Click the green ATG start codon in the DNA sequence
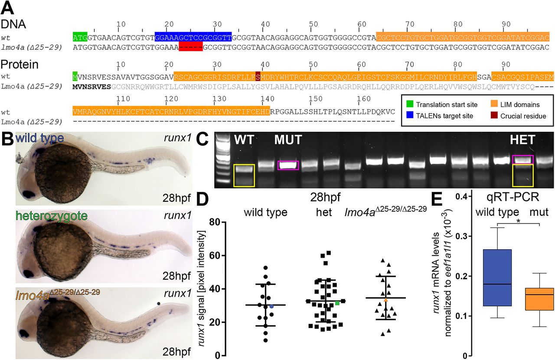point(80,38)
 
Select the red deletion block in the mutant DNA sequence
point(190,47)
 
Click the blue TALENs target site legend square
point(409,116)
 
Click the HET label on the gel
point(522,140)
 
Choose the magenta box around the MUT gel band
point(288,165)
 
